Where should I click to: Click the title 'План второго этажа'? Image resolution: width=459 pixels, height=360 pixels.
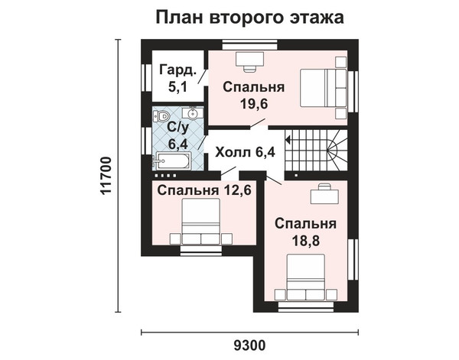pos(249,18)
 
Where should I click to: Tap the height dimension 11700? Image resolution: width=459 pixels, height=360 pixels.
pos(106,176)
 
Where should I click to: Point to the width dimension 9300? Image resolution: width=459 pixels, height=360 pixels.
pos(249,345)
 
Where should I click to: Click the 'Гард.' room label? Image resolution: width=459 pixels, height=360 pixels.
pos(177,70)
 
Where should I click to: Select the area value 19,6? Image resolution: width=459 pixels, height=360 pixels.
pos(255,103)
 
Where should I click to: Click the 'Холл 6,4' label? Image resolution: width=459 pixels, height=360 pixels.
pos(246,152)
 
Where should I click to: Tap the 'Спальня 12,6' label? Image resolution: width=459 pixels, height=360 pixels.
pos(204,190)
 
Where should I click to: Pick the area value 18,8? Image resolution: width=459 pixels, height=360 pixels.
pos(306,241)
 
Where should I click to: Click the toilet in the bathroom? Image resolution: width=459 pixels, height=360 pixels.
pos(161,116)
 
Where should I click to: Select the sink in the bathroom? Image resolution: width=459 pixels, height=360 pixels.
pos(193,113)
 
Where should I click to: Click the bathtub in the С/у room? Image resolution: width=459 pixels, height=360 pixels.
pos(172,161)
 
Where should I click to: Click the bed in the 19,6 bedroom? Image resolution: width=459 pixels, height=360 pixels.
pos(324,88)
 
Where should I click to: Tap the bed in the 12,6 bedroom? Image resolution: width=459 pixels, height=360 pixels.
pos(201,221)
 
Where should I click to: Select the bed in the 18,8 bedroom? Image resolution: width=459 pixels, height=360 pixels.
pos(306,277)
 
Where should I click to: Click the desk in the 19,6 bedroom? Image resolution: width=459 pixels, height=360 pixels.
pos(250,62)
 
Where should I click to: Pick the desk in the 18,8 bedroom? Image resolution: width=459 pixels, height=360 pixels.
pos(324,193)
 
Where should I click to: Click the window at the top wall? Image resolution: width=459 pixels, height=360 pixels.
pos(249,45)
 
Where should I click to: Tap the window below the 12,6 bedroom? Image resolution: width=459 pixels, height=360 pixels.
pos(200,251)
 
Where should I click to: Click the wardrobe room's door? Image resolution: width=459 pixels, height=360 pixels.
pos(203,76)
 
